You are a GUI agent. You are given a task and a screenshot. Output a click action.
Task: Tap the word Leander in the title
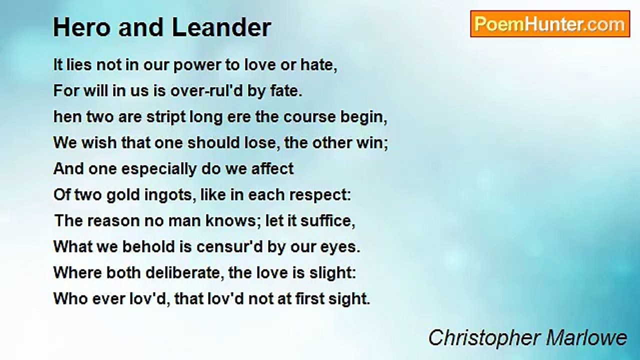221,27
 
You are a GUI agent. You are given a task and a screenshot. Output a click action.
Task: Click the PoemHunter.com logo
550,24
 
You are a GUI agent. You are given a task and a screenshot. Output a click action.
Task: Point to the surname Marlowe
587,337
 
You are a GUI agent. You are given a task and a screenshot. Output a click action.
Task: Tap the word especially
159,169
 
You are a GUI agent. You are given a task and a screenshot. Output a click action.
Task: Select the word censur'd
229,247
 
